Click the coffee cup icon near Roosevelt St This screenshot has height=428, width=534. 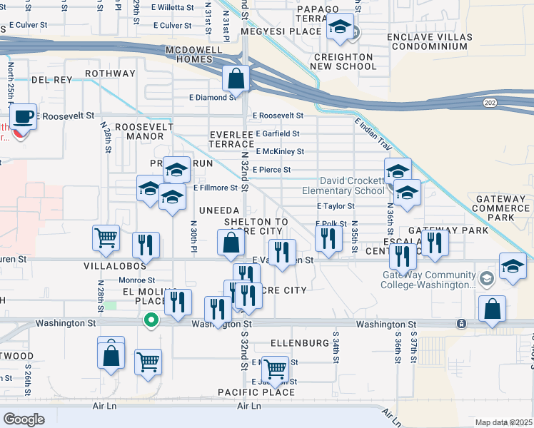tap(24, 116)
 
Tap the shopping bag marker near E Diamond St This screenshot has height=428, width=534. tap(236, 78)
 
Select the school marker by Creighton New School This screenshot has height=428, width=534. tap(341, 28)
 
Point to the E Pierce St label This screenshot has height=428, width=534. tap(272, 170)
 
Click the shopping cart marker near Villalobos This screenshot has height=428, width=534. tap(106, 238)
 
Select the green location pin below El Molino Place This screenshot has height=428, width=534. tap(151, 320)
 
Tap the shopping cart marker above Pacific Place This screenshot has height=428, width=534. tap(275, 369)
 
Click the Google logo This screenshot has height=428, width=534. tap(24, 419)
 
